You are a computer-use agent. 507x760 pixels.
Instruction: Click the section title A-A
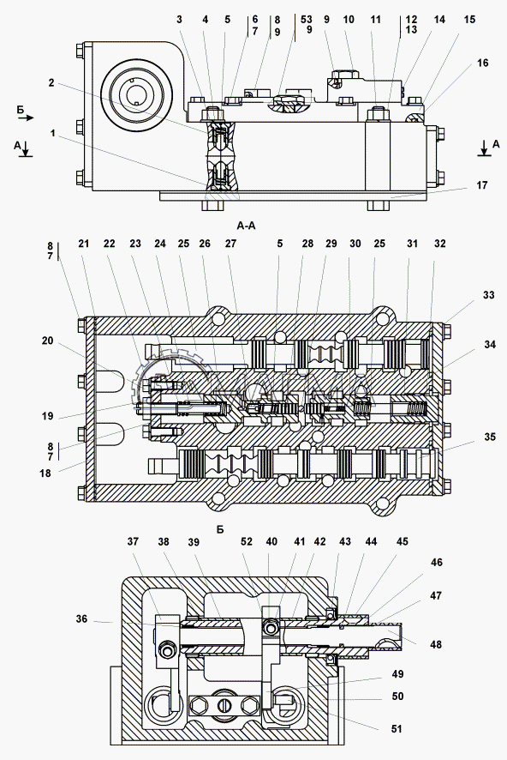[246, 226]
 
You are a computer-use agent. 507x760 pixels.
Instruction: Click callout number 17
[482, 185]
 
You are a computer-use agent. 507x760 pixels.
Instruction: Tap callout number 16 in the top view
[482, 63]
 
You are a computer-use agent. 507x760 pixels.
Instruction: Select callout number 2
[51, 83]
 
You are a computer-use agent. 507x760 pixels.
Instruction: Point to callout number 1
[53, 133]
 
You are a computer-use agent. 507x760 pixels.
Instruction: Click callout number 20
[47, 341]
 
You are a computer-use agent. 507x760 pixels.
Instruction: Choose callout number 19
[47, 416]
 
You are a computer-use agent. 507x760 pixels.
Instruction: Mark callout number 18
[45, 473]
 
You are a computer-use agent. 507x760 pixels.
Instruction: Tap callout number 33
[489, 295]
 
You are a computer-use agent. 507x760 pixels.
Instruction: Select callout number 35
[490, 437]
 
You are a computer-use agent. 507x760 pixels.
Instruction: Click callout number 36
[81, 618]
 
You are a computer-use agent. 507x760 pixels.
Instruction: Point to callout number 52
[247, 541]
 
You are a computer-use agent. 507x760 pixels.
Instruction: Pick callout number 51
[397, 728]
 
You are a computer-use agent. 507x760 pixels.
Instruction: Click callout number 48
[436, 644]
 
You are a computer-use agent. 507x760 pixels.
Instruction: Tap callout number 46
[436, 562]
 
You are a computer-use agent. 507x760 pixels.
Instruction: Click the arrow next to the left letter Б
[29, 118]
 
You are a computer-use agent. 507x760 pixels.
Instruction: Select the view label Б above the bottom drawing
[220, 530]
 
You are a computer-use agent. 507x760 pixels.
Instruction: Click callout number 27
[230, 244]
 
